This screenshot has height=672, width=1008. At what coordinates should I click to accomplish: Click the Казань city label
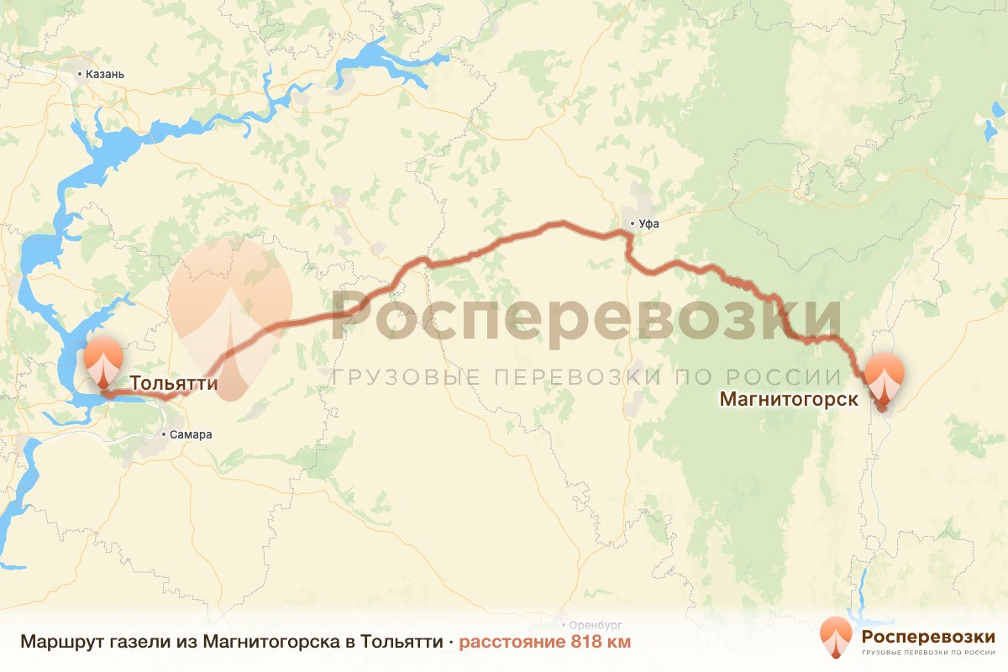click(105, 74)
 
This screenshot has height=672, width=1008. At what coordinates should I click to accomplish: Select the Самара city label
click(191, 435)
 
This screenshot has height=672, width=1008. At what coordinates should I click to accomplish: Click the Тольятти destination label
click(174, 384)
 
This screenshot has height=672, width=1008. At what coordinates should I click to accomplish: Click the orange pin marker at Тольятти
click(102, 365)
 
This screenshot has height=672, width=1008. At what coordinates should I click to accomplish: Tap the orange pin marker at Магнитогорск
click(885, 380)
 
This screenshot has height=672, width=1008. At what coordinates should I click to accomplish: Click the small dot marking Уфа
click(632, 223)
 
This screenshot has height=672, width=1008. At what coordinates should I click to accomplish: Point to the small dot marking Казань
click(80, 74)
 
